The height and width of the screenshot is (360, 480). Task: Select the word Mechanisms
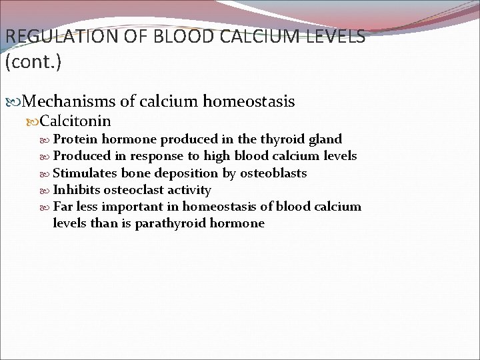70,101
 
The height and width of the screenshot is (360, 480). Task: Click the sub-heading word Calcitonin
75,121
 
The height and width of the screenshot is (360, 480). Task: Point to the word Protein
75,139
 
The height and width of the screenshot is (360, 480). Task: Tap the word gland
325,139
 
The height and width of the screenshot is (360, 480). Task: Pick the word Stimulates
85,173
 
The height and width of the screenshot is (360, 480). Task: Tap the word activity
189,190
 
